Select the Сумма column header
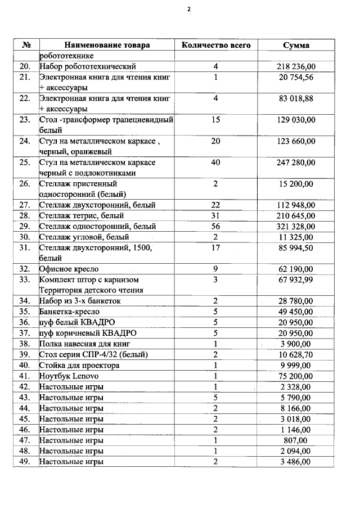[296, 45]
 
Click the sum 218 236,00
[296, 66]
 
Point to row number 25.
[24, 163]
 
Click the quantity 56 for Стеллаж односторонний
[215, 226]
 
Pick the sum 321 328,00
[296, 226]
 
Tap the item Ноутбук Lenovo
[69, 376]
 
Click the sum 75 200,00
[296, 376]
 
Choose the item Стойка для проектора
[79, 365]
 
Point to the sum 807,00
[296, 440]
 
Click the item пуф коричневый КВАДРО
[88, 333]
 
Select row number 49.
[24, 461]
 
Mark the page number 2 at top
[189, 10]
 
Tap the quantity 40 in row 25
[215, 163]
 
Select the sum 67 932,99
[296, 280]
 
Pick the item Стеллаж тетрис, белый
[81, 215]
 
